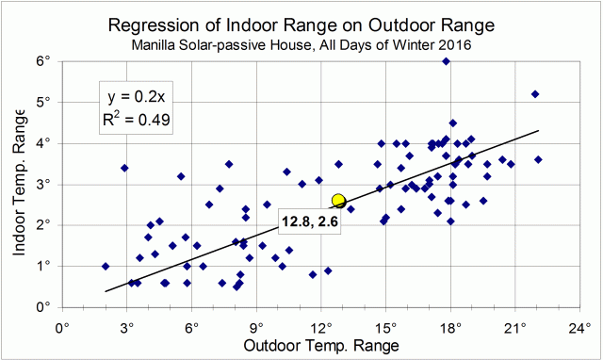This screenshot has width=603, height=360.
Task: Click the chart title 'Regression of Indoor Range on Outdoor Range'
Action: (x=301, y=23)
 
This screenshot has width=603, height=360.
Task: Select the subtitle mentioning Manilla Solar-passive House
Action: (x=301, y=42)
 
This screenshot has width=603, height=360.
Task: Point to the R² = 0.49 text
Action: (x=136, y=119)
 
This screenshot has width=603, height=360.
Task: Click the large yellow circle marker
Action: (x=339, y=201)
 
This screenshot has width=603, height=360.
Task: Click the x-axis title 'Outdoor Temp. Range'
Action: (x=320, y=347)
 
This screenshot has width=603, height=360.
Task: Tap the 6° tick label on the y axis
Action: (x=42, y=61)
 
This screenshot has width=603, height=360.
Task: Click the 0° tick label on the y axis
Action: (x=42, y=307)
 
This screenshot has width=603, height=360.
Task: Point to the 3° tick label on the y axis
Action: (x=42, y=185)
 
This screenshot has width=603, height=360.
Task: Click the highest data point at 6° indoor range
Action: (x=446, y=61)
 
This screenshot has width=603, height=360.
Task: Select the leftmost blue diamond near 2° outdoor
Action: (x=106, y=266)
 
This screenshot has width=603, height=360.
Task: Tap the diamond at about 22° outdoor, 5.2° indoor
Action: (x=535, y=94)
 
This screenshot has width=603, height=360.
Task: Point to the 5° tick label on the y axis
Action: (x=42, y=102)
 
